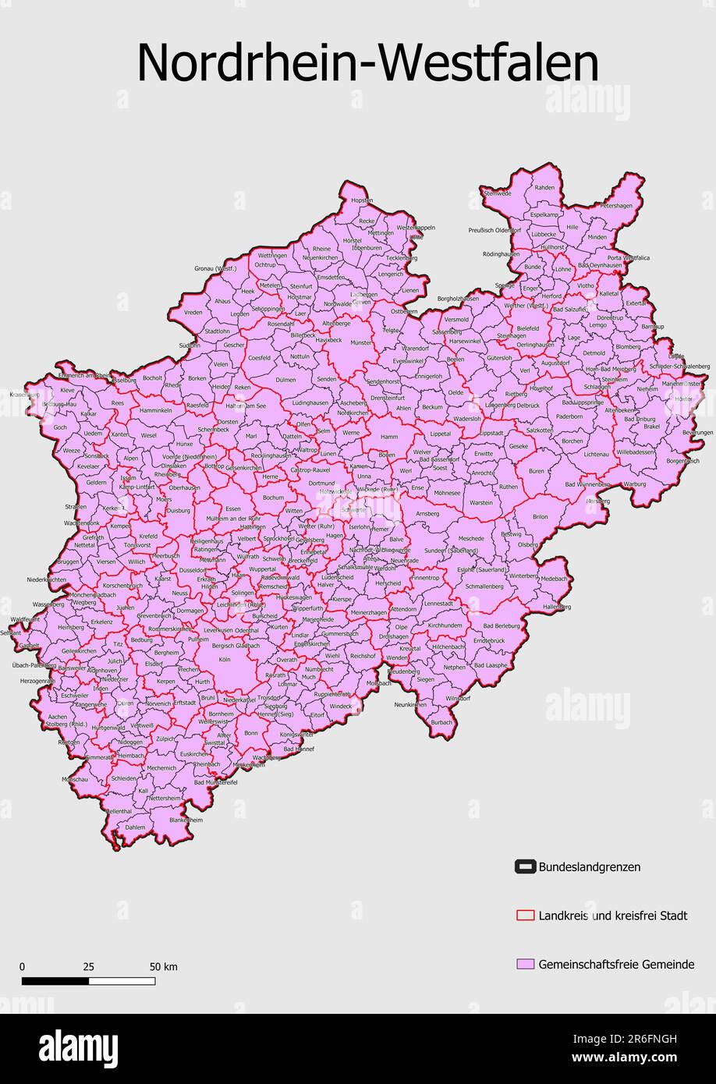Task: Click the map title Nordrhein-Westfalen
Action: [367, 62]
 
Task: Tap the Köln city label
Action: [225, 660]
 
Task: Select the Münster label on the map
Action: [362, 342]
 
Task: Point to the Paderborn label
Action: [569, 416]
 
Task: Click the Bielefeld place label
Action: [527, 328]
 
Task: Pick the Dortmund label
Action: [321, 484]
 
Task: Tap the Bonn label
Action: [250, 733]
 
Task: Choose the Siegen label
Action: [425, 679]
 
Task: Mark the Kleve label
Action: [68, 390]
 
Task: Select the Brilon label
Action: [540, 517]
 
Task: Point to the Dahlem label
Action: [135, 827]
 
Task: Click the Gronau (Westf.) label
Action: [215, 268]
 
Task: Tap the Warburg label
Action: [635, 484]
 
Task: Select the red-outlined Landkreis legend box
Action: [524, 916]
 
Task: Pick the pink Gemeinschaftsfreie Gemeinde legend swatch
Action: [524, 965]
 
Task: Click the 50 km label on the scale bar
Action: [164, 967]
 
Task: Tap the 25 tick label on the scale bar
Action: [88, 967]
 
